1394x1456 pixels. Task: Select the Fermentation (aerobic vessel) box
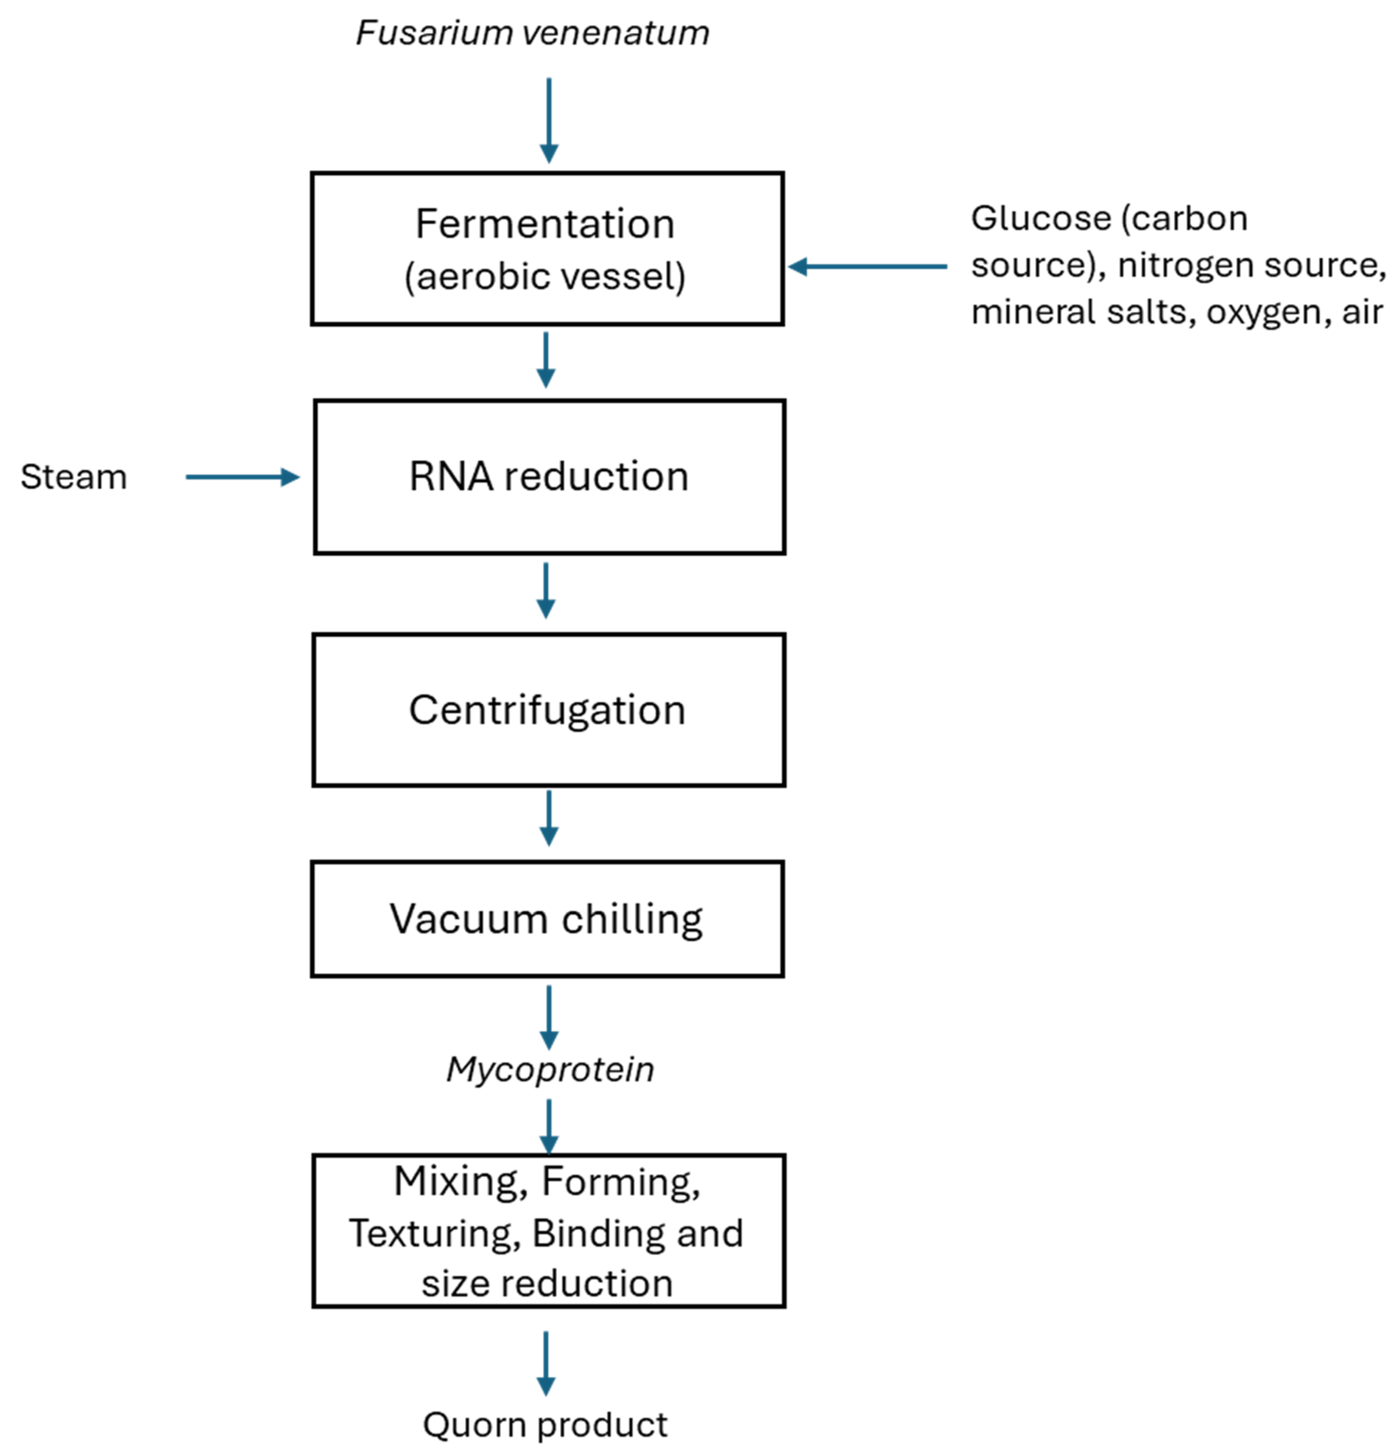(x=547, y=249)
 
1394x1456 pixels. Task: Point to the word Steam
(x=74, y=477)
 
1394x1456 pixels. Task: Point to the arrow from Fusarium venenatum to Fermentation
(x=549, y=119)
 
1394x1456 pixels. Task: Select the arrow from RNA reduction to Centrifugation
(x=546, y=591)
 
